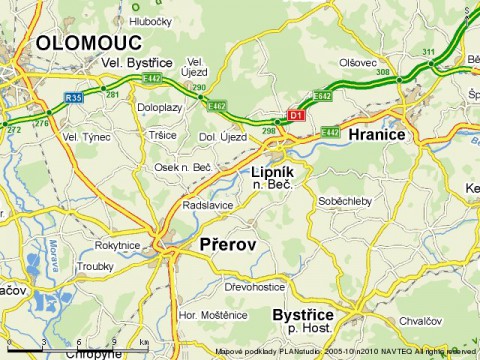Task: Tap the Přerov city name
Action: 228,244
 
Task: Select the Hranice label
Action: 376,134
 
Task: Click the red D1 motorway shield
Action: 296,115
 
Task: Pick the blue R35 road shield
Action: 73,97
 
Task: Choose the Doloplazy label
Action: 160,108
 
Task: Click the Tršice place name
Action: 162,135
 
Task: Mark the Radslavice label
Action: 208,206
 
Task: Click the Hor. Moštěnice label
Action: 212,315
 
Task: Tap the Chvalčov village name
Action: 419,321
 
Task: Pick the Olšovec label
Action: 357,62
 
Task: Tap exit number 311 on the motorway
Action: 428,52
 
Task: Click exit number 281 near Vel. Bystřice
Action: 113,94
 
